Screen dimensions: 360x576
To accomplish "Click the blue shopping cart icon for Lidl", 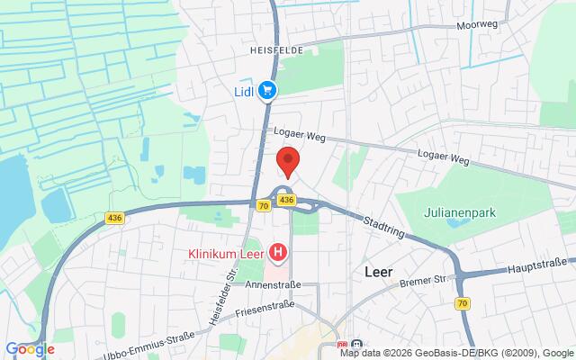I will (x=267, y=90).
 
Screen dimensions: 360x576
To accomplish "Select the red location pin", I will (x=288, y=161).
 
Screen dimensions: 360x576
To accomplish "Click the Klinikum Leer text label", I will (x=225, y=255).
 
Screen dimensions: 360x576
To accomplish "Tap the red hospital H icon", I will (x=278, y=255).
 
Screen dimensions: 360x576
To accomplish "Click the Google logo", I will (x=31, y=349).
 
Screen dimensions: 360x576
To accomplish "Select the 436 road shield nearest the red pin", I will (x=286, y=200).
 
